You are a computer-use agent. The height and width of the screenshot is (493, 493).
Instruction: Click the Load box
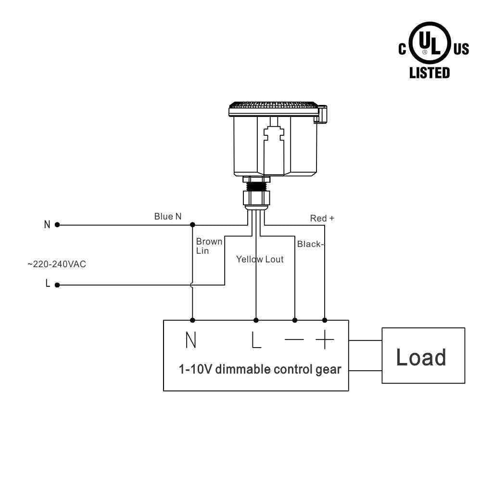pyautogui.click(x=423, y=355)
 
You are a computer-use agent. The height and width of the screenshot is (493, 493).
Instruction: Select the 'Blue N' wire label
pyautogui.click(x=168, y=217)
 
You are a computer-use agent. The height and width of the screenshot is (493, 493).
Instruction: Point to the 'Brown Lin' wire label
pyautogui.click(x=209, y=246)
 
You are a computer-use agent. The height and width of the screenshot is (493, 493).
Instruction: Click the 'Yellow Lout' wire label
pyautogui.click(x=260, y=259)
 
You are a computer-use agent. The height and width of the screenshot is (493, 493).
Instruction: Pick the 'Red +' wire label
pyautogui.click(x=322, y=219)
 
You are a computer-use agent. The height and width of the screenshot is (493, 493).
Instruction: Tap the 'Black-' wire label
pyautogui.click(x=310, y=244)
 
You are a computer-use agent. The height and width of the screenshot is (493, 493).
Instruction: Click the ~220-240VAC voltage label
pyautogui.click(x=57, y=264)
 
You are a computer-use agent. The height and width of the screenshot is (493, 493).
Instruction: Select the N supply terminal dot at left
pyautogui.click(x=57, y=224)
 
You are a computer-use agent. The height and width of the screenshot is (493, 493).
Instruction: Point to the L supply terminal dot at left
pyautogui.click(x=57, y=285)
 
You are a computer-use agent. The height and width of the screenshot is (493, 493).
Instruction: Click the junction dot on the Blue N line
pyautogui.click(x=192, y=224)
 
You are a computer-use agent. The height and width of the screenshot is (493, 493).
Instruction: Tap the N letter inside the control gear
pyautogui.click(x=191, y=340)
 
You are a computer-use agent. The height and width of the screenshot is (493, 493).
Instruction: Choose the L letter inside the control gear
pyautogui.click(x=256, y=340)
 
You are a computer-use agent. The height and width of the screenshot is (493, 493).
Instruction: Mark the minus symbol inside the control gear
pyautogui.click(x=294, y=340)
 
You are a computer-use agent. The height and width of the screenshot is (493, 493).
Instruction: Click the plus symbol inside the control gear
pyautogui.click(x=325, y=340)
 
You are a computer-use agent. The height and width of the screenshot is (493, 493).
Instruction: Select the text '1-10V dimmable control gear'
pyautogui.click(x=260, y=369)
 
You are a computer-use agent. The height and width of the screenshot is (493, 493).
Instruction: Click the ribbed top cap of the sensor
pyautogui.click(x=273, y=105)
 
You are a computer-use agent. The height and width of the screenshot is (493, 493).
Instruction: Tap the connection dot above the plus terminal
pyautogui.click(x=325, y=320)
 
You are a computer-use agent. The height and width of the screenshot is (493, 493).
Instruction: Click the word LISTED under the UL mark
pyautogui.click(x=430, y=73)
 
